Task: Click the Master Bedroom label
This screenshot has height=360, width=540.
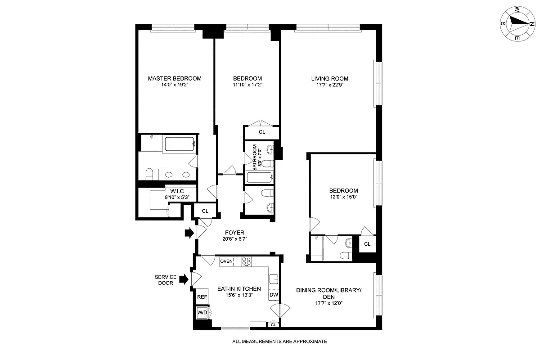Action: point(175,78)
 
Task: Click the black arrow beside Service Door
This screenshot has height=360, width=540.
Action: point(183,279)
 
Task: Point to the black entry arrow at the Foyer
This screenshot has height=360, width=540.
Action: point(189,233)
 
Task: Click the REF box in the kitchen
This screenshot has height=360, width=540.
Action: point(202,297)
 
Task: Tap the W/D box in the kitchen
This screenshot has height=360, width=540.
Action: point(202,312)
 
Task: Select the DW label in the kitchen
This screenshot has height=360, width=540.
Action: point(274,295)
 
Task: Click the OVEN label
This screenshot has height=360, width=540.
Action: point(226,261)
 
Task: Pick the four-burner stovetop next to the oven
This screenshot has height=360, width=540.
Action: point(247,261)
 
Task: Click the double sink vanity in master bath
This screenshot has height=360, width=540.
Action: point(177,175)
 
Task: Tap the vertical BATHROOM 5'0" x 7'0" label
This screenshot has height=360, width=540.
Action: point(256,157)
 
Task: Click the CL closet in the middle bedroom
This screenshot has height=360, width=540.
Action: point(262,132)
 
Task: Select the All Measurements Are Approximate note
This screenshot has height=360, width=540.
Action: point(279,342)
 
